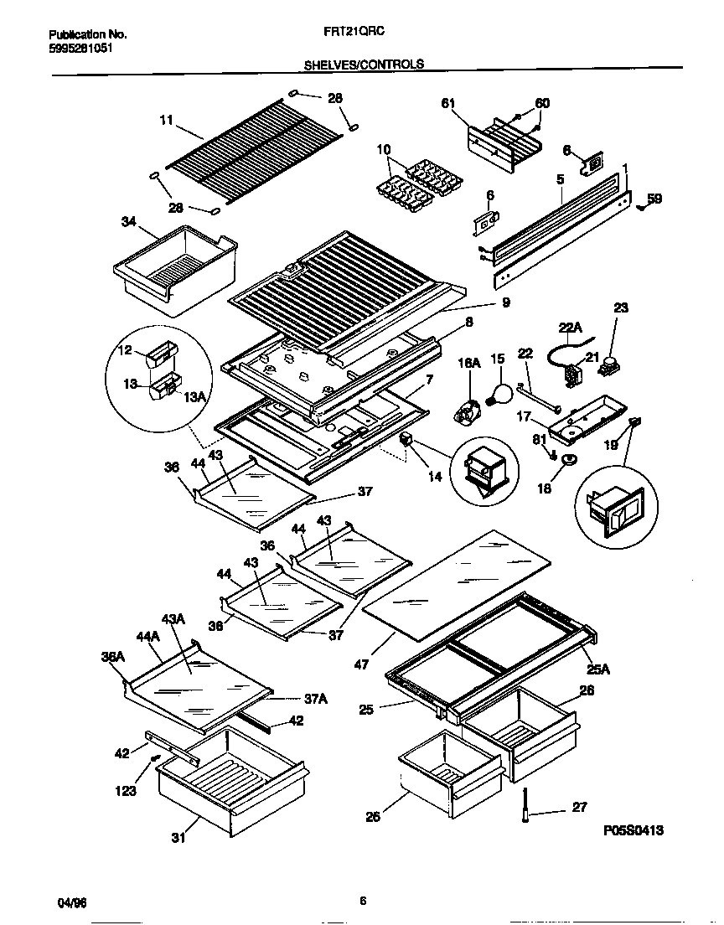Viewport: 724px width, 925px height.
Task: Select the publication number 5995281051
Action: click(x=80, y=48)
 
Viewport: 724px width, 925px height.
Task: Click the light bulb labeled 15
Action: click(x=501, y=392)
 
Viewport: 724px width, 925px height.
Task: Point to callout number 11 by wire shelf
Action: click(x=166, y=121)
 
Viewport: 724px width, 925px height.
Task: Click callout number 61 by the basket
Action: click(x=447, y=103)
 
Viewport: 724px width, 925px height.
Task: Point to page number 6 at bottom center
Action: click(x=363, y=902)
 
